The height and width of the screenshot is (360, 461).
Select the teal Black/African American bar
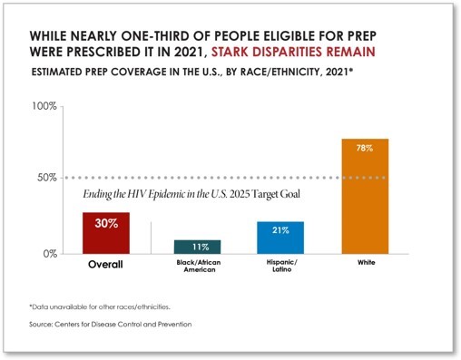tap(197, 248)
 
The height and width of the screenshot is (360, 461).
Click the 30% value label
tap(105, 223)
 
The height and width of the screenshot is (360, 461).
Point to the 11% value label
tap(197, 247)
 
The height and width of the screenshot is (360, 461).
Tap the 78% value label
tap(365, 149)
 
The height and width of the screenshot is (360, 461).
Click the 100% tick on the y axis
tap(44, 106)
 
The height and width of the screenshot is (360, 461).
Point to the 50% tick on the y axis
tap(47, 178)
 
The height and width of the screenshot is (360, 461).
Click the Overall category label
tap(105, 265)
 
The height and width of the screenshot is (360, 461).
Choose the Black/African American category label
tap(197, 267)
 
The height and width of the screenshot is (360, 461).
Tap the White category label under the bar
tap(365, 264)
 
